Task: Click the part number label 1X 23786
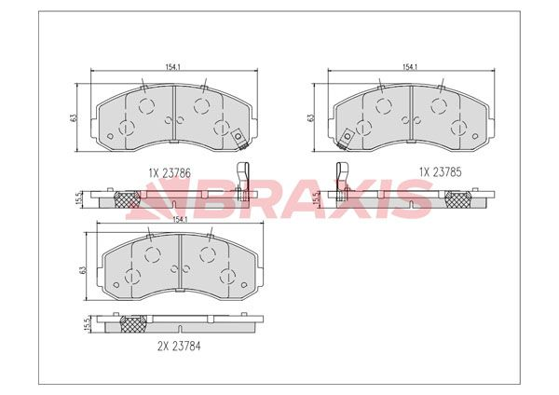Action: click(x=170, y=173)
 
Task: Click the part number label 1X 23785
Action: click(x=441, y=172)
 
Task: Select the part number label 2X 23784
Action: click(x=179, y=346)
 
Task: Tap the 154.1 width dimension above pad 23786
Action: click(x=172, y=67)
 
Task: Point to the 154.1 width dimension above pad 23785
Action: click(x=410, y=67)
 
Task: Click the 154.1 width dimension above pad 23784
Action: click(x=180, y=220)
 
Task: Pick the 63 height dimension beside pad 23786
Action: click(x=73, y=118)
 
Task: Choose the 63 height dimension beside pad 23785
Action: click(x=310, y=118)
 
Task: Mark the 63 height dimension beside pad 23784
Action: click(x=84, y=270)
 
